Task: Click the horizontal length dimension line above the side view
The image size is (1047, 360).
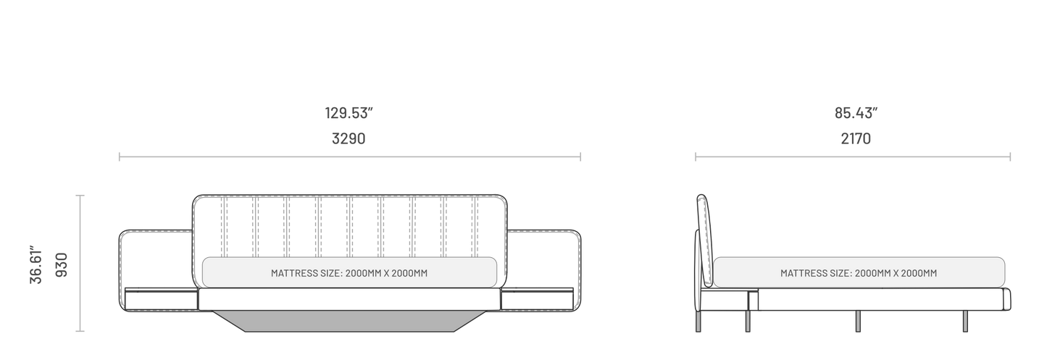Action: tap(852, 156)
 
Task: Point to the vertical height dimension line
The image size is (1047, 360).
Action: tap(80, 264)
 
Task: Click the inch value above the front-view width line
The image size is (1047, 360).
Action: tap(349, 113)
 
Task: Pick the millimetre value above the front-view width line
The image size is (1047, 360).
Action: tap(349, 138)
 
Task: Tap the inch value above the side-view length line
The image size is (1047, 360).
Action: tap(856, 113)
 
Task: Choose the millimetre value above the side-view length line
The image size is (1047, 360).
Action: tap(856, 138)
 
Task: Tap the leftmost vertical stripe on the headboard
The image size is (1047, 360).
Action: tap(224, 227)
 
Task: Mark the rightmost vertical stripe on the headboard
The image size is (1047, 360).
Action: tap(475, 227)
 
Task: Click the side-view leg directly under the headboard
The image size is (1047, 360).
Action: tap(698, 322)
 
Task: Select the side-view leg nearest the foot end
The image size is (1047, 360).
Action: tap(965, 322)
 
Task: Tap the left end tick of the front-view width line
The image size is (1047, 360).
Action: tap(119, 156)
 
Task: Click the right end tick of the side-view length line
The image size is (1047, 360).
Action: tap(1010, 156)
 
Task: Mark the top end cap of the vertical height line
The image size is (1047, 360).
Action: tap(80, 195)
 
